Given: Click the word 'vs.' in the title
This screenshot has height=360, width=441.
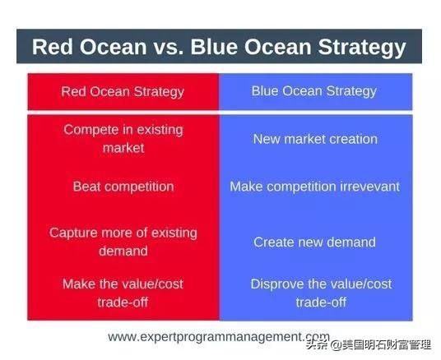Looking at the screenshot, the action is [x=168, y=47].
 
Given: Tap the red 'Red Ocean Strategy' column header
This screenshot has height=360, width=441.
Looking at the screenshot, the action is [x=123, y=92].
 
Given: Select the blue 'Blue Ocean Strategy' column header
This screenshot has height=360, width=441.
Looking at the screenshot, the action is [x=316, y=91].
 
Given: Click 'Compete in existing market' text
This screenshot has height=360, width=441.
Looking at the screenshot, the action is [x=123, y=139].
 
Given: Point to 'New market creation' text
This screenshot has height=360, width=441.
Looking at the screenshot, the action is [x=315, y=139].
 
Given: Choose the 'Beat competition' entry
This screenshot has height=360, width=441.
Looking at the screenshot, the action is [x=123, y=187].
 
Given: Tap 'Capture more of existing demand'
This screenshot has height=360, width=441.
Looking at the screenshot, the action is [x=123, y=242].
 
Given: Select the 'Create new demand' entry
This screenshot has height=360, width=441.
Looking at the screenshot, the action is [x=314, y=242].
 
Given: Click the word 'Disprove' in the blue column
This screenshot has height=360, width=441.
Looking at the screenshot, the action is [x=277, y=284].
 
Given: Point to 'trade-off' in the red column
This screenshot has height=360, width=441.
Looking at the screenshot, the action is [x=123, y=302].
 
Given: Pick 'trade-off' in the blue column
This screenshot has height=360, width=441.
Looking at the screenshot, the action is [x=321, y=302].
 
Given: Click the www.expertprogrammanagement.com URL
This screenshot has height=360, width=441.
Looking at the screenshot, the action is [x=219, y=337].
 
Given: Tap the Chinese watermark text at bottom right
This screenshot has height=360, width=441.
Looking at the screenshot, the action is [x=369, y=345].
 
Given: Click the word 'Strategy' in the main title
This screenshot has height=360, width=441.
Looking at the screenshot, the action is [x=362, y=48].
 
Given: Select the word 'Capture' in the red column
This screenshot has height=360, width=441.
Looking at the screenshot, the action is [x=73, y=233].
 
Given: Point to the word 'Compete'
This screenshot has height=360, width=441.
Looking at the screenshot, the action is [x=91, y=131].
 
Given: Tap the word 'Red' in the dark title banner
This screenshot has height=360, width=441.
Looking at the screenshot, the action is [x=53, y=47].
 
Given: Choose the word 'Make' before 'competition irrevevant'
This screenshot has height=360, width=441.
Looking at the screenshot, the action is [x=246, y=187].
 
